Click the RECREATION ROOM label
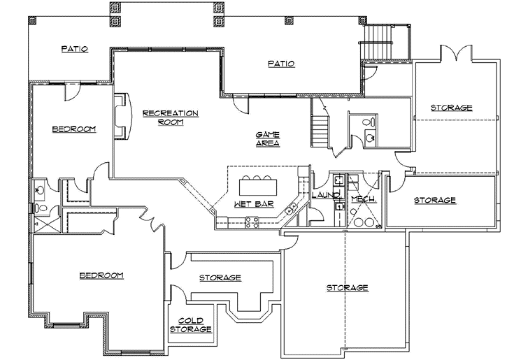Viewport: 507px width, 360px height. (170, 117)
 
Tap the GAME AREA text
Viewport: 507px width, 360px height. (267, 138)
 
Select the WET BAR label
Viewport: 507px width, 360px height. (248, 203)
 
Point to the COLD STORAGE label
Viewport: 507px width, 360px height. (190, 324)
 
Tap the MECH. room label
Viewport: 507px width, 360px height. (363, 199)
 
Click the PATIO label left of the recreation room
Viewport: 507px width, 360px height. (74, 49)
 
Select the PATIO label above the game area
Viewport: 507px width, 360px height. (281, 64)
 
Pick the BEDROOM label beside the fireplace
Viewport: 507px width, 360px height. (73, 129)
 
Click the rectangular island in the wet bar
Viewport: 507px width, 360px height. (258, 187)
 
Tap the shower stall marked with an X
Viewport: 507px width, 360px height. (44, 223)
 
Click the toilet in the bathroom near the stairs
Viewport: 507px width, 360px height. (369, 122)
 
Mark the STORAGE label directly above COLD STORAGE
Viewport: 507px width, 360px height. (220, 278)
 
